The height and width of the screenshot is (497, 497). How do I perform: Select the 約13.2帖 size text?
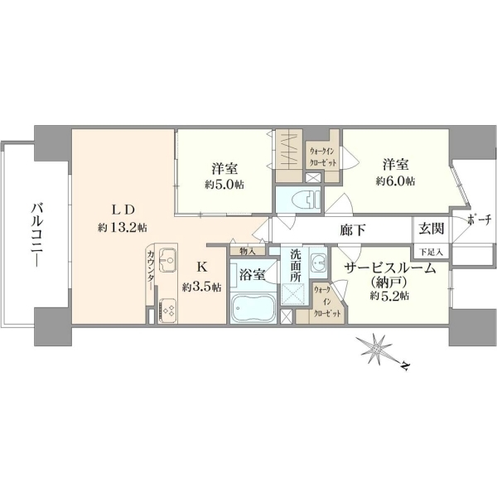click(123, 227)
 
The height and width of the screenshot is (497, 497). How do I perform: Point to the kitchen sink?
click(167, 260)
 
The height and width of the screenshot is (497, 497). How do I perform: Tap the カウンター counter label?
click(151, 270)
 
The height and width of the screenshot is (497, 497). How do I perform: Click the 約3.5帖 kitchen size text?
click(201, 287)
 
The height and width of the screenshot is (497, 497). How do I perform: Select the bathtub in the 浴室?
click(253, 308)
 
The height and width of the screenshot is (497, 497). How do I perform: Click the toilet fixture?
click(307, 200)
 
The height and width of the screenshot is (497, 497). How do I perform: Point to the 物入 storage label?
click(248, 251)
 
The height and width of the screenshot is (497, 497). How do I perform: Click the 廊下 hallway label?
click(353, 229)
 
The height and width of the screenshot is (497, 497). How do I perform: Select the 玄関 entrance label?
click(431, 229)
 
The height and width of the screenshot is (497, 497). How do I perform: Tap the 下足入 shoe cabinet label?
click(431, 253)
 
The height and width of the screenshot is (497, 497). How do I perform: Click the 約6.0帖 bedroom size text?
click(396, 181)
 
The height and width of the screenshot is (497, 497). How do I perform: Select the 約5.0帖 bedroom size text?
click(224, 185)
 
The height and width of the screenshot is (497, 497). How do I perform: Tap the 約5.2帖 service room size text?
click(389, 296)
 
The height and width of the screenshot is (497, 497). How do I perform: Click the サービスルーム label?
click(389, 268)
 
